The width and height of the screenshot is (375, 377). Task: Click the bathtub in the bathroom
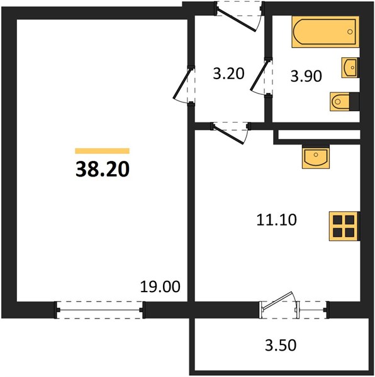[x=325, y=32]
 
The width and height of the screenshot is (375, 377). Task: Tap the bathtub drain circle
[x=350, y=31]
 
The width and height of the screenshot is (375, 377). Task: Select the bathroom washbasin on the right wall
[x=350, y=68]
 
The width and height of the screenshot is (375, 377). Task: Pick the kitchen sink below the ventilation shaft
[x=316, y=156]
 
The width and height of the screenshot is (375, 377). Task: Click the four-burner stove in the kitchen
[x=344, y=226]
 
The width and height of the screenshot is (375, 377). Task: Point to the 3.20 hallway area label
[x=228, y=74]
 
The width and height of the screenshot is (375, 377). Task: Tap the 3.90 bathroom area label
[x=306, y=76]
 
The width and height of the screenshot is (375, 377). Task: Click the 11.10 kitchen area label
[x=276, y=220]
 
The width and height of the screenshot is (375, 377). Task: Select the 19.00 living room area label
[x=160, y=287]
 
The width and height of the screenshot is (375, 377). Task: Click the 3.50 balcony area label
[x=281, y=345]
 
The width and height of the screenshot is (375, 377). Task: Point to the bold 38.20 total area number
[x=103, y=169]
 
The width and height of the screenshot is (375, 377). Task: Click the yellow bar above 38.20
[x=103, y=151]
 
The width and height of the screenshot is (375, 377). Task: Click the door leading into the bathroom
[x=260, y=75]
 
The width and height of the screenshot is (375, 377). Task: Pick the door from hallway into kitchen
[x=228, y=134]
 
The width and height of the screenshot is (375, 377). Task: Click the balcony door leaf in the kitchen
[x=277, y=300]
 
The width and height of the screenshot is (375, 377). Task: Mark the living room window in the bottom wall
[x=99, y=310]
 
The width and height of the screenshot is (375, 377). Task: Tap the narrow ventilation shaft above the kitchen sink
[x=319, y=134]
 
